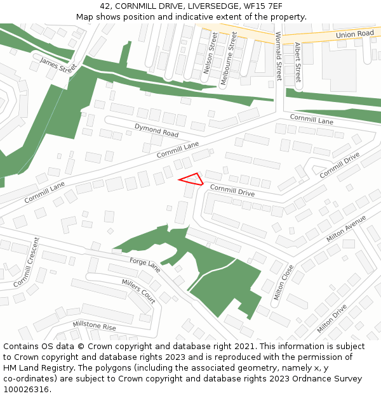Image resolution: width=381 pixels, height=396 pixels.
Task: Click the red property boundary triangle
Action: click(192, 179)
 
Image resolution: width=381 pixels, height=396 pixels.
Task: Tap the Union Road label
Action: click(355, 34)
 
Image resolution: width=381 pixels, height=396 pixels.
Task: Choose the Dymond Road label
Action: click(156, 131)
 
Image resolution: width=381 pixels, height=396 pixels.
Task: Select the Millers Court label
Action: click(138, 290)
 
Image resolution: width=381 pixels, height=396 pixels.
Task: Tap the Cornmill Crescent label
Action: click(26, 262)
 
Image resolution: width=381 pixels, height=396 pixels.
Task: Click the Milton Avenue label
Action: click(346, 229)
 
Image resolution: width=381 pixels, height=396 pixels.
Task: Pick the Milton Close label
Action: click(283, 283)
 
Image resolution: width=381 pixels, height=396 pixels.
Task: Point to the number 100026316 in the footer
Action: click(27, 389)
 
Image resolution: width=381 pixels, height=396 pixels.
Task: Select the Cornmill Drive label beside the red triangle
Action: click(232, 190)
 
